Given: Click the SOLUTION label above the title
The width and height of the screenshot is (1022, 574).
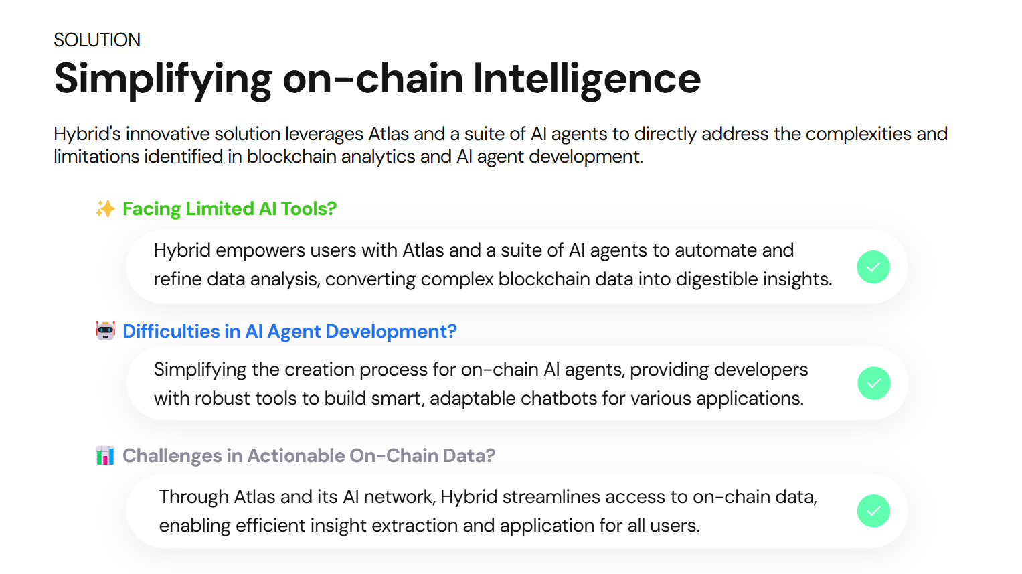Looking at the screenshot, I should pyautogui.click(x=97, y=40).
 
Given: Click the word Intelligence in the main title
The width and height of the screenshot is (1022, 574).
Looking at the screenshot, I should pyautogui.click(x=586, y=78).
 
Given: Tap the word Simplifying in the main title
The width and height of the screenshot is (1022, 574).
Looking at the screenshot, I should pyautogui.click(x=163, y=78).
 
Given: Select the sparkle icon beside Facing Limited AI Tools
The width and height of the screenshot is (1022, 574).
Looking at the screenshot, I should pyautogui.click(x=105, y=209).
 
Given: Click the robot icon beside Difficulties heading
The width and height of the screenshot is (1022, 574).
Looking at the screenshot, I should pyautogui.click(x=105, y=331).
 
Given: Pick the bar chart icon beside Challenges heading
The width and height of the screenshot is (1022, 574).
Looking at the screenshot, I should pyautogui.click(x=105, y=456).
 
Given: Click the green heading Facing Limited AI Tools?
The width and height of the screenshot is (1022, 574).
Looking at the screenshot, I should pyautogui.click(x=230, y=209).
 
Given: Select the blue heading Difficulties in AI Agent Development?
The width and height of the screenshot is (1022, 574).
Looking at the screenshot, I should pyautogui.click(x=289, y=332).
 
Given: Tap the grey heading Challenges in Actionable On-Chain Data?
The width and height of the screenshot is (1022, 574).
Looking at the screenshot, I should pyautogui.click(x=309, y=456).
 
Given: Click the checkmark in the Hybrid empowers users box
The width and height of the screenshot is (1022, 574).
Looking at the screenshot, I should pyautogui.click(x=873, y=267).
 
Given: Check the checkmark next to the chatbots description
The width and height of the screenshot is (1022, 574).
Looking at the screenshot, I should pyautogui.click(x=873, y=383).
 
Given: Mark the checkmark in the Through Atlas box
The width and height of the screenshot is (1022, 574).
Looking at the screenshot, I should pyautogui.click(x=873, y=511).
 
